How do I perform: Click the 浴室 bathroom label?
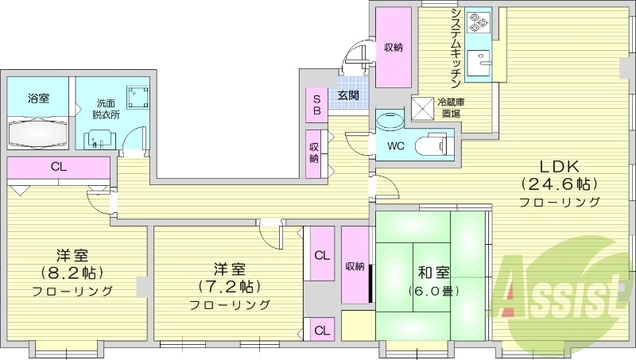pos(38,99)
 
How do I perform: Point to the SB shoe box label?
pos(316,105)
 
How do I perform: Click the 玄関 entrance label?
pos(347,95)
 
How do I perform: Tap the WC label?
pos(396,146)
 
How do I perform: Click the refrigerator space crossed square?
pos(421,107)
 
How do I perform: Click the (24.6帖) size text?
pos(559,184)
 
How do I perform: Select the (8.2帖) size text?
pos(72,273)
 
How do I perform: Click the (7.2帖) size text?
pos(230,287)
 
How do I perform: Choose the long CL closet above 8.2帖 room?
pos(57,168)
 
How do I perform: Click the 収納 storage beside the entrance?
pos(393,48)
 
